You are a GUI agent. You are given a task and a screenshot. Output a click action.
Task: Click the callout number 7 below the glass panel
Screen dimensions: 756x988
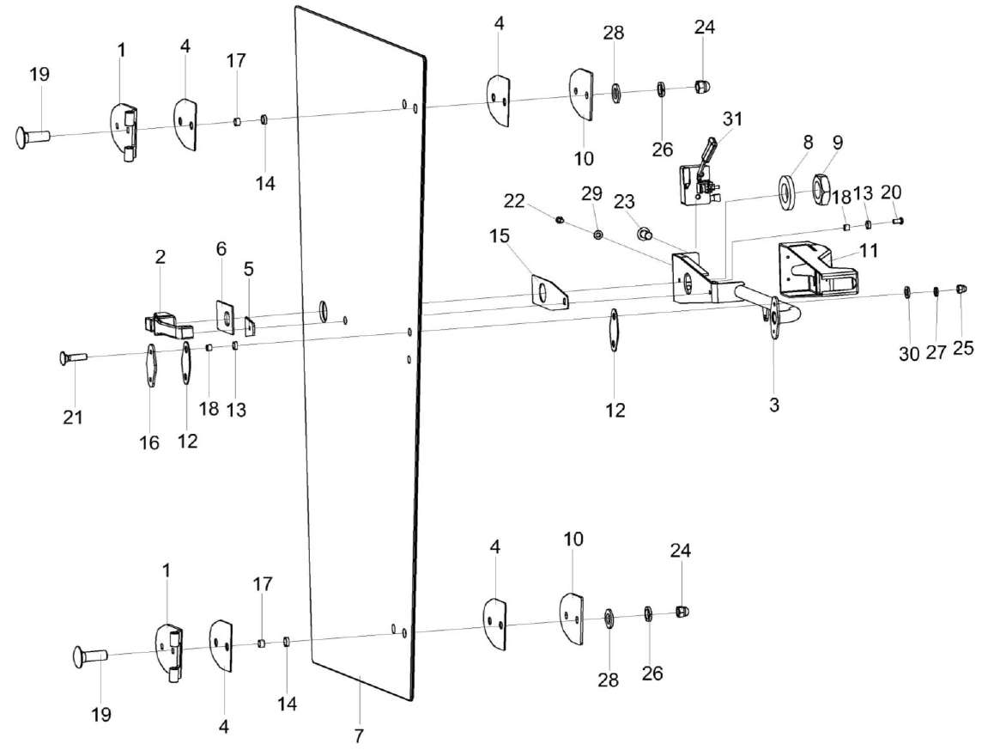[359, 736]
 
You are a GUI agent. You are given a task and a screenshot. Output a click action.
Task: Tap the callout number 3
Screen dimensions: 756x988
[773, 404]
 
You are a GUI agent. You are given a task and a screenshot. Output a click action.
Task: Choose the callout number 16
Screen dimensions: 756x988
[149, 442]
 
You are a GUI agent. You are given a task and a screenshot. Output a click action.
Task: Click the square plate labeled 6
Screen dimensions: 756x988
[226, 315]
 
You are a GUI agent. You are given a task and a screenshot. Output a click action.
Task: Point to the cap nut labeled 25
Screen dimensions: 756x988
[962, 290]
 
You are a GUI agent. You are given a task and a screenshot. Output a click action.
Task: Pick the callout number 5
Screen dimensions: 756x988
[248, 269]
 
